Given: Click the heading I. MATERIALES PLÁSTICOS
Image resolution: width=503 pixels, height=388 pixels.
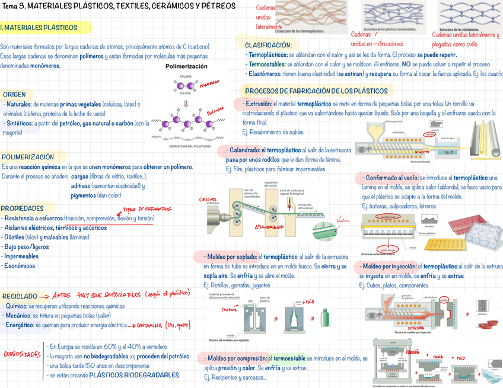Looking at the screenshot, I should point(39,28).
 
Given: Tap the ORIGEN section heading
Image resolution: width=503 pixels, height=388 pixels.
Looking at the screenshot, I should point(14,94).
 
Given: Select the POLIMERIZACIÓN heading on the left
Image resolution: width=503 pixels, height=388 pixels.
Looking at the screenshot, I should point(28,157).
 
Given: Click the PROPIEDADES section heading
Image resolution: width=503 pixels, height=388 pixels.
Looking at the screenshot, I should point(22,209).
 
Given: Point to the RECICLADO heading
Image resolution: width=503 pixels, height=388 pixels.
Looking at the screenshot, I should point(20,296).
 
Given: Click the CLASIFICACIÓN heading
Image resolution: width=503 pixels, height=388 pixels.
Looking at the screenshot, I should point(268,45).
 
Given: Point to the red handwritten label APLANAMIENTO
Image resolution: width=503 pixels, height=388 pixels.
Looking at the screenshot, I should point(273,227).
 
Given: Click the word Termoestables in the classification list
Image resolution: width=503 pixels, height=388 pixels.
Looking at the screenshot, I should point(267,64).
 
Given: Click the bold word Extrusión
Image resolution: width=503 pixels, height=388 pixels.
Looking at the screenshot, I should point(259,103).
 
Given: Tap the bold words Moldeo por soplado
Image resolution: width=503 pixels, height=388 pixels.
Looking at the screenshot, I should point(231,257).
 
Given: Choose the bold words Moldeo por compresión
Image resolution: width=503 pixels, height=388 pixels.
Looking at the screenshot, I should point(235,358).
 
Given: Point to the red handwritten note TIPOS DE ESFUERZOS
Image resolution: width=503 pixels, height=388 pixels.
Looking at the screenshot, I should point(146,209).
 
